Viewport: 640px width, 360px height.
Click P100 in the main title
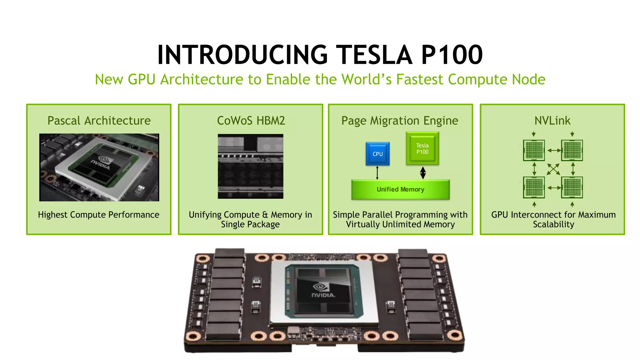[x=452, y=55]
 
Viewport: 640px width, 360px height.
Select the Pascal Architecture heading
[x=99, y=121]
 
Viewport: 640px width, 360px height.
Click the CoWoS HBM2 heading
[x=251, y=121]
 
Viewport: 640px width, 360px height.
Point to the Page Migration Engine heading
[x=400, y=121]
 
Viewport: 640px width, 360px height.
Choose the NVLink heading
[x=552, y=121]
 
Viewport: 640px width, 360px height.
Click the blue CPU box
[x=377, y=154]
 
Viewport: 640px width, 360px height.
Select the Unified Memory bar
[x=400, y=189]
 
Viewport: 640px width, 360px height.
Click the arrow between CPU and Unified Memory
[x=377, y=172]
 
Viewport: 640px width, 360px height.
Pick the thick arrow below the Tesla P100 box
[x=423, y=172]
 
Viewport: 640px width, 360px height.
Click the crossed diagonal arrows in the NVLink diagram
[x=553, y=169]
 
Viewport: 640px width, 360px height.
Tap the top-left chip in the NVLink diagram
[x=534, y=150]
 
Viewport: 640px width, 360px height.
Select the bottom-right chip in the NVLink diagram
[x=572, y=187]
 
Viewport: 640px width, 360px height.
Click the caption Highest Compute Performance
[x=98, y=215]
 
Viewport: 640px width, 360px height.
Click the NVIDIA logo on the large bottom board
[x=323, y=291]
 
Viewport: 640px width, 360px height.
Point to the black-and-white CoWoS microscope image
[x=250, y=166]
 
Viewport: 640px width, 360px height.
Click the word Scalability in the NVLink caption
[x=553, y=224]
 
